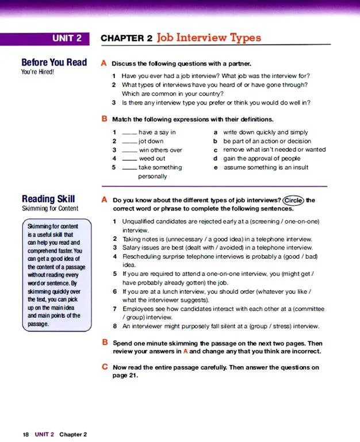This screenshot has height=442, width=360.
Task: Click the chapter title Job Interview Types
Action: (208, 38)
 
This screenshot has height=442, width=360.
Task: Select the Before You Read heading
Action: (54, 62)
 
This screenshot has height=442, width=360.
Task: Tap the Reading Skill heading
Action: (48, 199)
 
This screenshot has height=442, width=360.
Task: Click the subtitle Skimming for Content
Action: (50, 209)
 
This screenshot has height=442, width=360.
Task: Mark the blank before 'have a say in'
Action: (130, 133)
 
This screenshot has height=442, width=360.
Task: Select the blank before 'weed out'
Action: (130, 159)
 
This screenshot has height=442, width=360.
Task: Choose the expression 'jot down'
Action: (151, 141)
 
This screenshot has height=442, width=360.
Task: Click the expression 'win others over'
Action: (160, 150)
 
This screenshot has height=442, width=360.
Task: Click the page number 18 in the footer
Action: (26, 435)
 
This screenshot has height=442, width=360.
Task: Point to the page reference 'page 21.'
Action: (125, 376)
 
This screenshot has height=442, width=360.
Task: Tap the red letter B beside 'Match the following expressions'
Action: (104, 119)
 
